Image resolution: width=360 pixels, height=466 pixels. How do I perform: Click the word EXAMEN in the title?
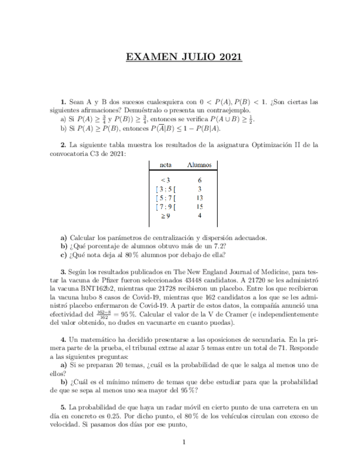click(x=149, y=57)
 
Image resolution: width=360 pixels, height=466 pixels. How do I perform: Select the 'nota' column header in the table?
click(x=165, y=164)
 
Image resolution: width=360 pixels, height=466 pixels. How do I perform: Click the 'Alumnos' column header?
click(x=199, y=164)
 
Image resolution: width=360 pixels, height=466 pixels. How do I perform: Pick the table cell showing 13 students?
click(x=200, y=198)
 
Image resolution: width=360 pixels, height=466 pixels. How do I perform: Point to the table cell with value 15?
click(x=200, y=207)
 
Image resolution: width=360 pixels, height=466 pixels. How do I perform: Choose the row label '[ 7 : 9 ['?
click(x=165, y=207)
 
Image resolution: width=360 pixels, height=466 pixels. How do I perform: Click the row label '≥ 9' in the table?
click(x=165, y=216)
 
